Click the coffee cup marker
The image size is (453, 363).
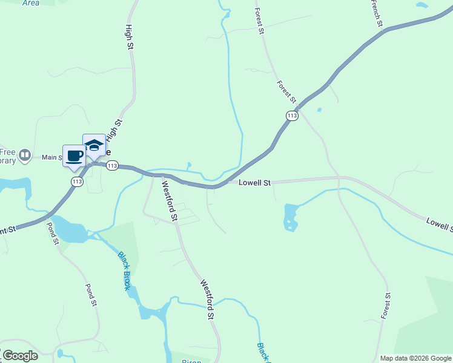(74, 156)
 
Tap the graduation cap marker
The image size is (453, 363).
(94, 145)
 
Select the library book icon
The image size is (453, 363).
(25, 155)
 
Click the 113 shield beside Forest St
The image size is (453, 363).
(293, 115)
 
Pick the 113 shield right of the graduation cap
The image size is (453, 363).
(111, 165)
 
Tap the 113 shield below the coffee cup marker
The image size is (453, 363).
(77, 181)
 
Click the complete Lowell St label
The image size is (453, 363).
(254, 182)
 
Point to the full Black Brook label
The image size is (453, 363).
(124, 271)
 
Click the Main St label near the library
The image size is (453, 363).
(52, 157)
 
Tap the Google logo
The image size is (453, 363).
(20, 356)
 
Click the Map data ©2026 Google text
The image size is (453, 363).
(415, 358)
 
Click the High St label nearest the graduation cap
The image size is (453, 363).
(114, 130)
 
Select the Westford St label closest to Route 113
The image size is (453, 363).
(169, 202)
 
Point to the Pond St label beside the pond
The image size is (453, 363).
(53, 233)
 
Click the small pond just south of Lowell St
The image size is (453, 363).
(291, 217)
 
